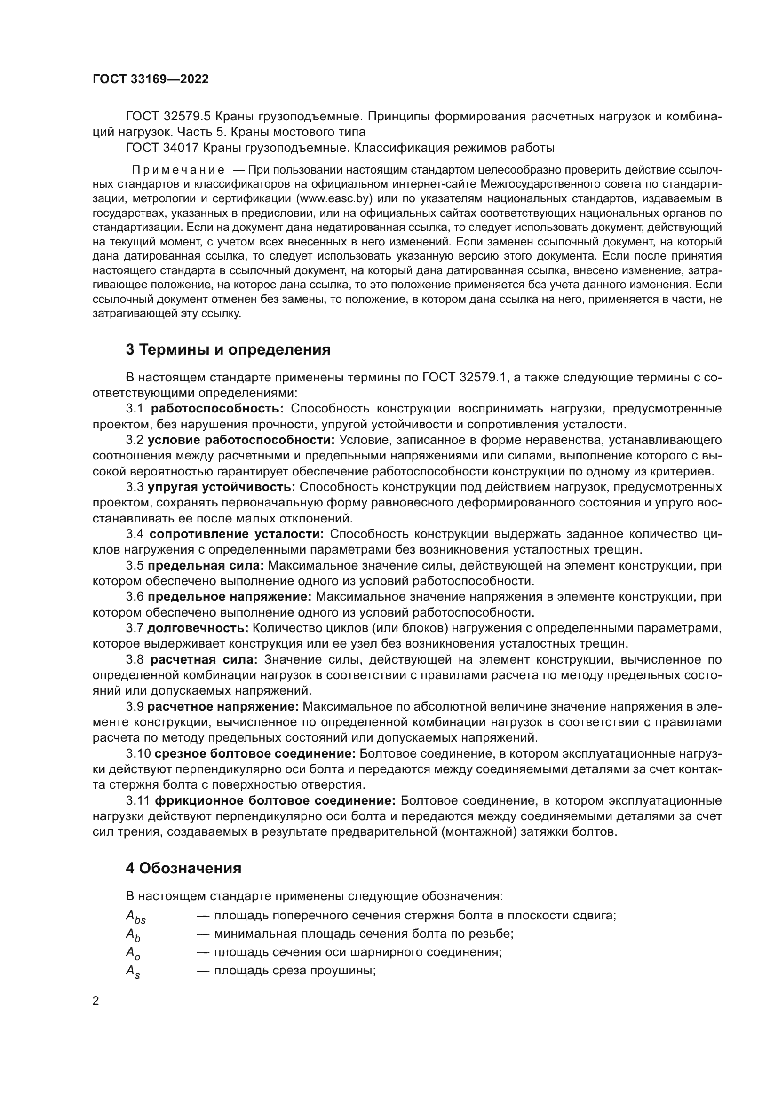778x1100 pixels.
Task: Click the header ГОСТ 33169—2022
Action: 151,79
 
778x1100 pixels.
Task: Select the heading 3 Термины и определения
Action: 228,350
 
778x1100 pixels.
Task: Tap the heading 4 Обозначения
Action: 183,868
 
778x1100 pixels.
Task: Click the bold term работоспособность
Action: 217,409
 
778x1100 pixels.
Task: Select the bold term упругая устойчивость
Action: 222,487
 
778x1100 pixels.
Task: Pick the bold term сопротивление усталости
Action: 237,534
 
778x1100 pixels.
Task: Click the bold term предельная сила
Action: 206,565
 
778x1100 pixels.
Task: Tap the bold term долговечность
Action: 198,628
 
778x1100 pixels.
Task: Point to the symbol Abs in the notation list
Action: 135,916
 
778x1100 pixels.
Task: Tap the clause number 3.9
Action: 135,707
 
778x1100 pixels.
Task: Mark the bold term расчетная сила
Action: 204,660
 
